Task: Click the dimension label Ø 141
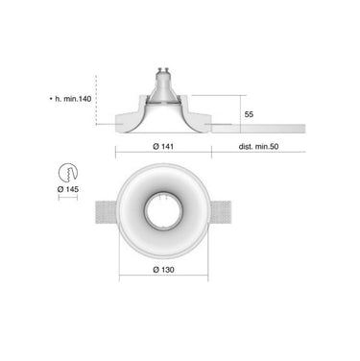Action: click(x=163, y=146)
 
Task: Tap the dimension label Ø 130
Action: click(x=163, y=270)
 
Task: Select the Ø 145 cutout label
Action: click(x=68, y=189)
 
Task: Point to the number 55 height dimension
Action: click(x=249, y=114)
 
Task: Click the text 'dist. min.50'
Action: click(x=258, y=147)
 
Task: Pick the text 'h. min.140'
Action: click(x=73, y=99)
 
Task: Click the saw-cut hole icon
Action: click(x=68, y=173)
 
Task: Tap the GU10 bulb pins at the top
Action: click(x=163, y=69)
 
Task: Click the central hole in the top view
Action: click(x=163, y=211)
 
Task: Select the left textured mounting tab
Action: click(x=106, y=212)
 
